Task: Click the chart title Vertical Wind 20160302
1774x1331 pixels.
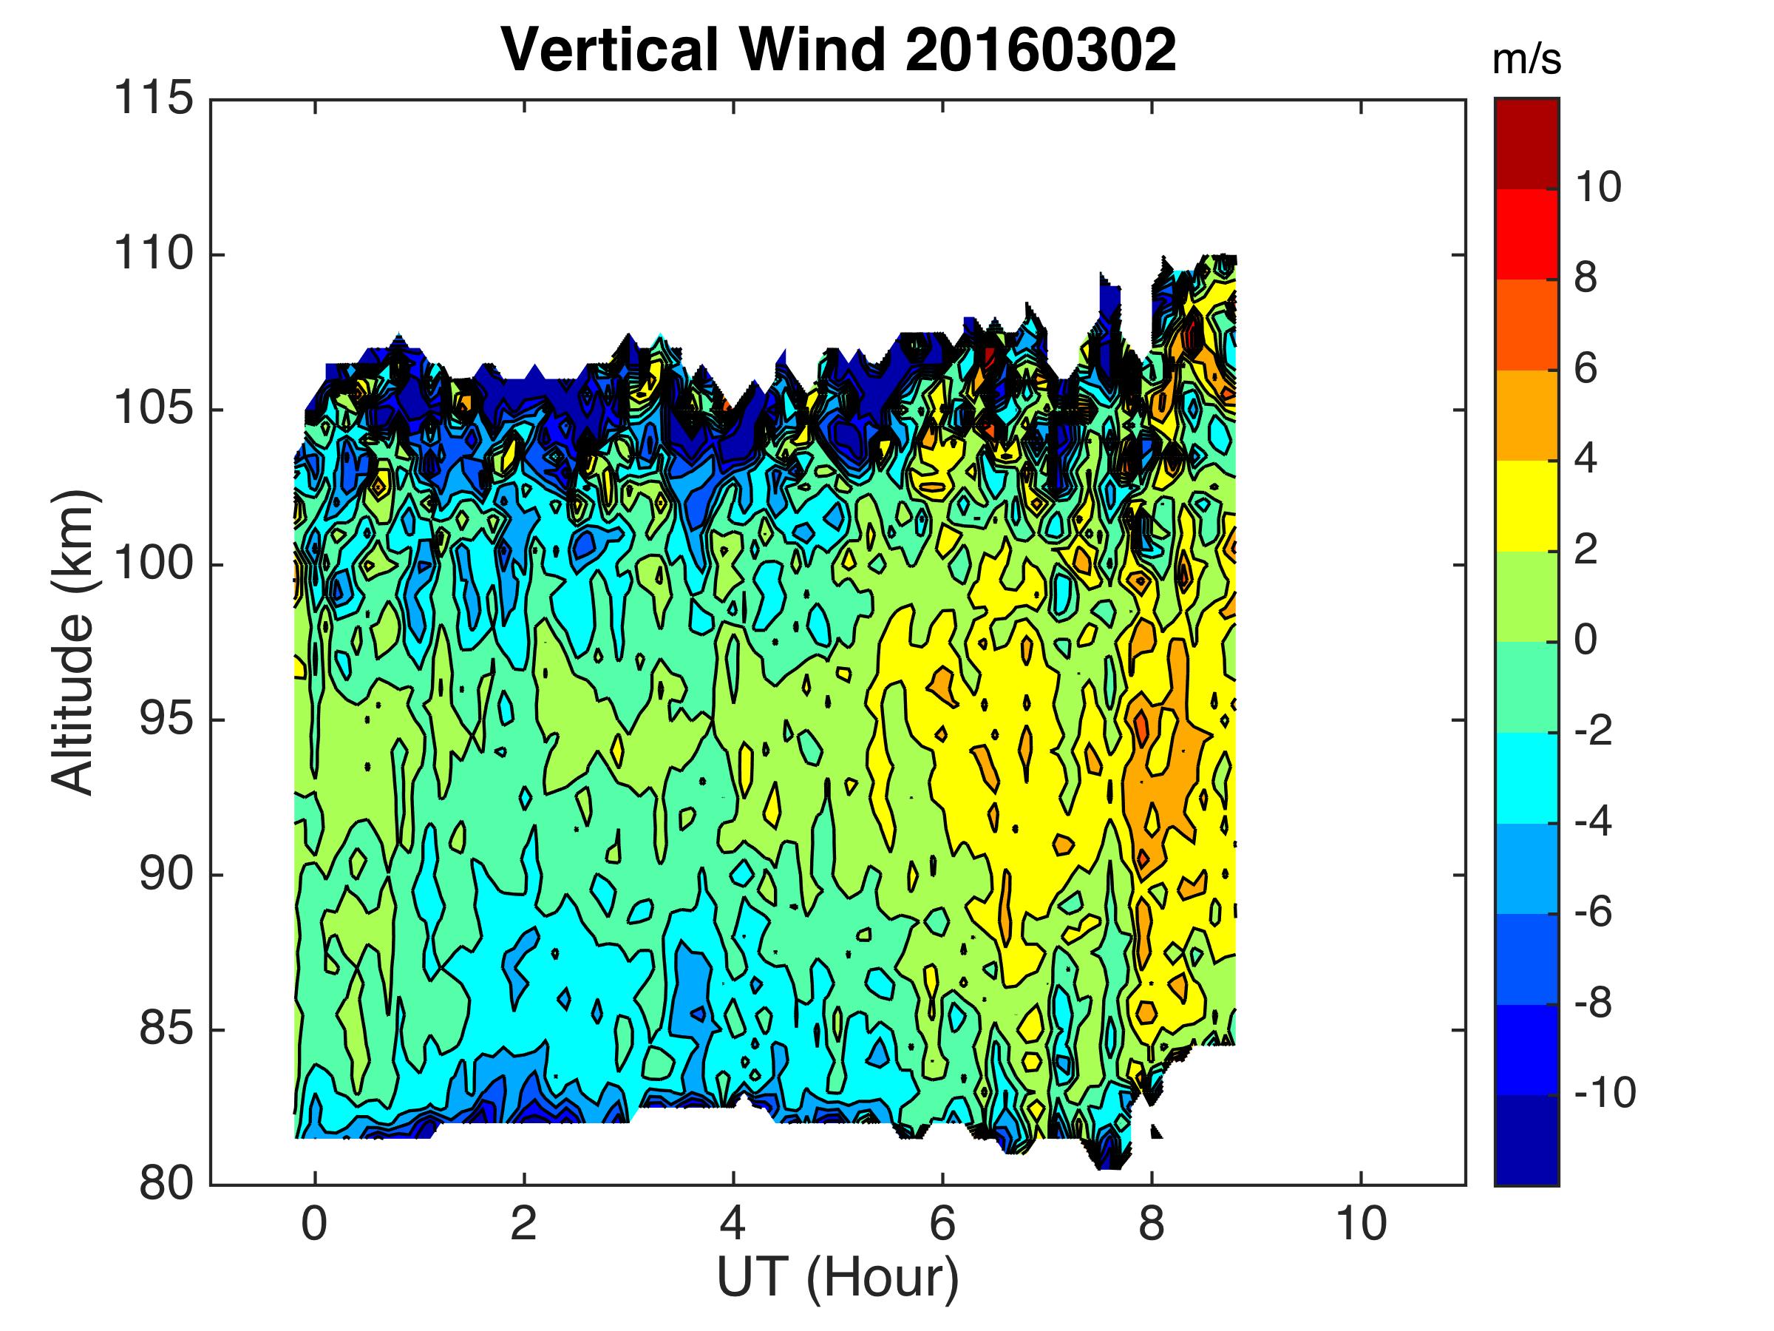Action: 838,50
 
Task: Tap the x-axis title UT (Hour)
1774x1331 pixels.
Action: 837,1277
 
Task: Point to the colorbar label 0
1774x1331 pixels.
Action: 1586,641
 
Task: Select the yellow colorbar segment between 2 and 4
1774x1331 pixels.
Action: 1526,506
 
